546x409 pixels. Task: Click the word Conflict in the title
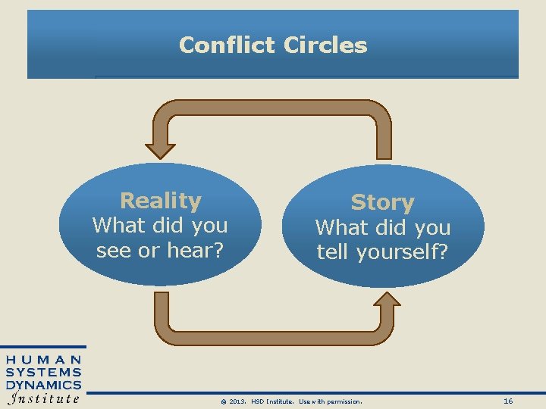[228, 45]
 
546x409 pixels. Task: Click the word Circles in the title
[325, 45]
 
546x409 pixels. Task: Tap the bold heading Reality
[161, 201]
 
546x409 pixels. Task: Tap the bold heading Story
[382, 203]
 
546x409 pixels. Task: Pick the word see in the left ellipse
[114, 250]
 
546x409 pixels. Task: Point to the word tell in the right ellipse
[332, 252]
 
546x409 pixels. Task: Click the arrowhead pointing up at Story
[388, 302]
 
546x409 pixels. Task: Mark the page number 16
[508, 401]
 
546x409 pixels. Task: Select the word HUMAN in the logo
[44, 360]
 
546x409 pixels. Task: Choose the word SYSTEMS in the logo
[44, 372]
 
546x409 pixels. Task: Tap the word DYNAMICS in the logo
[44, 385]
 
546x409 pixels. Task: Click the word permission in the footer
[344, 401]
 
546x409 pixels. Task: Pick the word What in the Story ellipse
[338, 227]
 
